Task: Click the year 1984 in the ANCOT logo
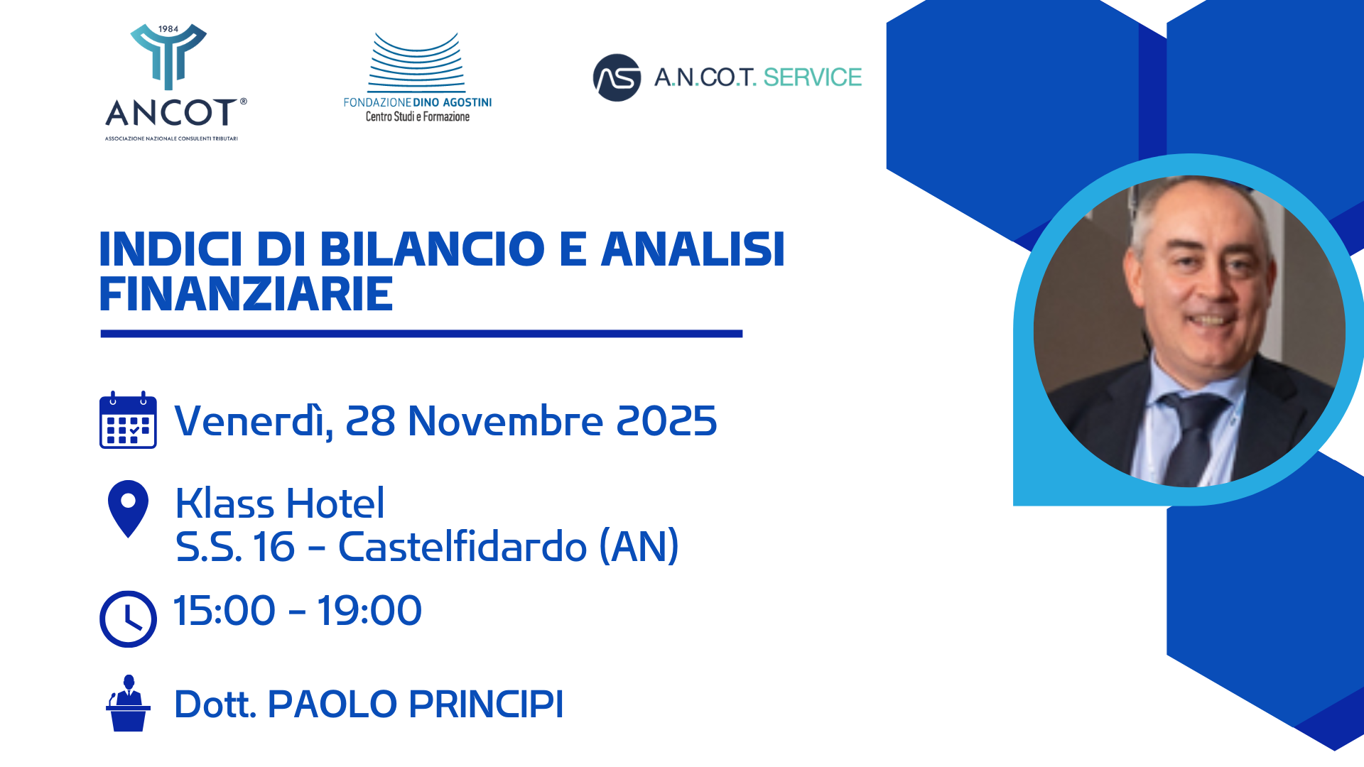point(168,29)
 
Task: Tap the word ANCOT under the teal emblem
point(170,113)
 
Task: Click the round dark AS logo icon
point(617,77)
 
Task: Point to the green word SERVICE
point(812,77)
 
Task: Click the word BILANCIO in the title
point(432,249)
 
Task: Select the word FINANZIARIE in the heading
point(246,294)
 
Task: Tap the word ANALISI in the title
point(693,249)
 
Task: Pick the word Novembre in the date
point(505,420)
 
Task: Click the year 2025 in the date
point(666,420)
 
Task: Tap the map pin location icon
point(128,507)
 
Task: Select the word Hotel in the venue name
point(335,504)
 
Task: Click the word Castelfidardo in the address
point(462,547)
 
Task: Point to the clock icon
point(128,619)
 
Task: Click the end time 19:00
point(369,611)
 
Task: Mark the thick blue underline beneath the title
point(421,333)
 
